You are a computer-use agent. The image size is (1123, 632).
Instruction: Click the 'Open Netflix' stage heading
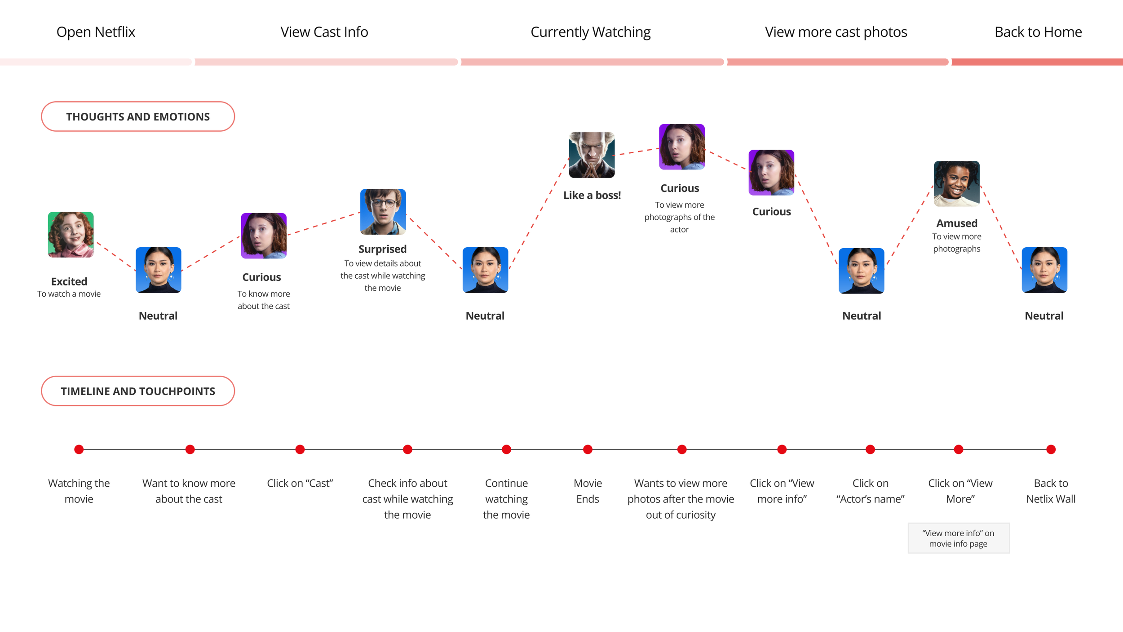coord(96,32)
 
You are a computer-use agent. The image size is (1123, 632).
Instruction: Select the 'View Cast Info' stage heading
coord(324,32)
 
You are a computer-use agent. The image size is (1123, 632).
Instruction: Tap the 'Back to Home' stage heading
coord(1038,32)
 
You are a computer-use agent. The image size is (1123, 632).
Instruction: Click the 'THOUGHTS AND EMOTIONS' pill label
coord(138,117)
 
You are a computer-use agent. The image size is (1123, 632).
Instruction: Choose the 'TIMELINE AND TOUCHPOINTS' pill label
coord(138,391)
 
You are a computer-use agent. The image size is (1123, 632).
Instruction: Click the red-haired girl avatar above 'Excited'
coord(71,235)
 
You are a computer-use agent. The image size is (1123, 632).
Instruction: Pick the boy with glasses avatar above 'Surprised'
coord(383,212)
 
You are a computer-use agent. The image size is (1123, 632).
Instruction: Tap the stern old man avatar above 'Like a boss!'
coord(592,155)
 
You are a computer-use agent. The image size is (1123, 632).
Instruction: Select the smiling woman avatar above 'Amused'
coord(956,184)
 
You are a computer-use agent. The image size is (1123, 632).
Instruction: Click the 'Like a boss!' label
coord(592,196)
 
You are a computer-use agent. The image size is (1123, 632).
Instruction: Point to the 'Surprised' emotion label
coord(382,249)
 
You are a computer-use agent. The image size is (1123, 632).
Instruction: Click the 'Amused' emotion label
coord(956,223)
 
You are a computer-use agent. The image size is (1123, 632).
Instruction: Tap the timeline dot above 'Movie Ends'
coord(588,450)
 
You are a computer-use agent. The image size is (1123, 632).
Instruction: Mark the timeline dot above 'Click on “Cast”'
coord(300,450)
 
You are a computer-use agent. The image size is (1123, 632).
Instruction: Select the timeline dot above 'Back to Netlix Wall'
coord(1051,450)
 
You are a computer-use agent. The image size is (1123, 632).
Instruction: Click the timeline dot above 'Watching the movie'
coord(79,450)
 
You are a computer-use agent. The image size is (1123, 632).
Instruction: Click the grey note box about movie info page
coord(958,538)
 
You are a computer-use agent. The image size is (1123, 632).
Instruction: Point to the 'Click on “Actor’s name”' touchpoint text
coord(870,491)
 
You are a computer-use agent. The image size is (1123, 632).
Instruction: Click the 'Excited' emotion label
coord(69,281)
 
